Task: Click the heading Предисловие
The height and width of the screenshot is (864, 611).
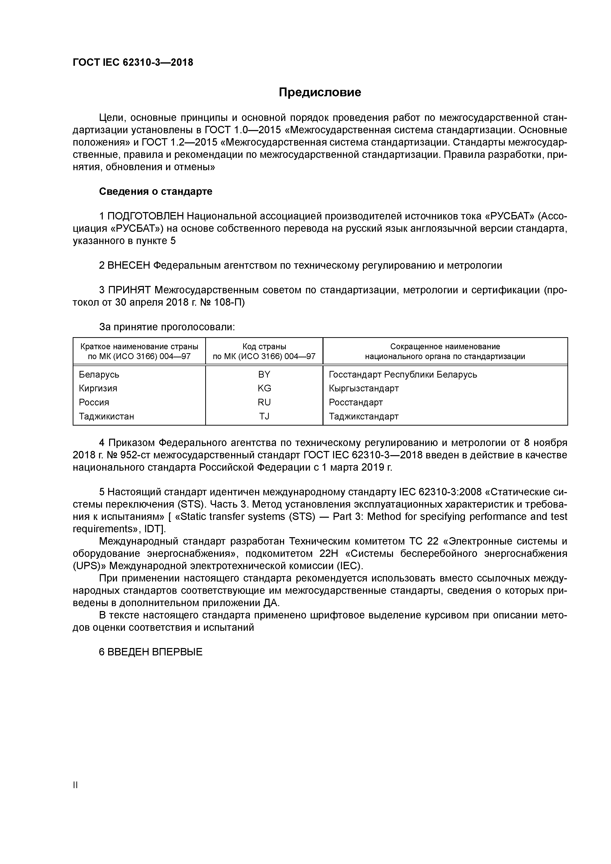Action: tap(320, 92)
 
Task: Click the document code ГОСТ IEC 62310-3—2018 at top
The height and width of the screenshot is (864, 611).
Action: tap(133, 63)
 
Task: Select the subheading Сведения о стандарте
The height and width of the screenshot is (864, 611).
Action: tap(155, 192)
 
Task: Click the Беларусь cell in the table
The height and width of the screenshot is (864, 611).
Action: tap(99, 374)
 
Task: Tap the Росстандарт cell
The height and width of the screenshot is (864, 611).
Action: tap(356, 402)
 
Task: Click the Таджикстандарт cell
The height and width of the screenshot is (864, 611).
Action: tap(364, 416)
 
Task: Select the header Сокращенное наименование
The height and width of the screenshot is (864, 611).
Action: tap(445, 346)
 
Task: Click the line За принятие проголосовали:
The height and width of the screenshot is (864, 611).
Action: tap(167, 327)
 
